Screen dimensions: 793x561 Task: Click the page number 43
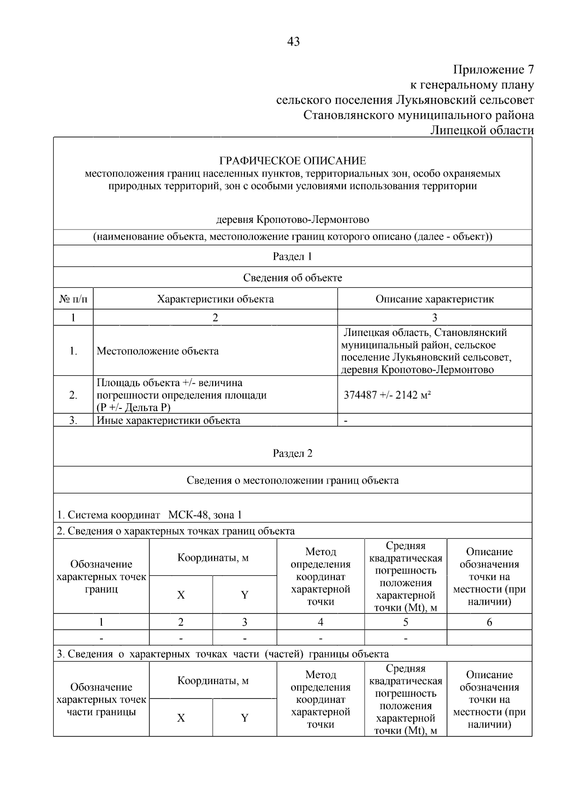[293, 42]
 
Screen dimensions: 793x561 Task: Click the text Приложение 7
[493, 70]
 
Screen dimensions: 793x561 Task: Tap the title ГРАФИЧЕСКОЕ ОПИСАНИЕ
[293, 161]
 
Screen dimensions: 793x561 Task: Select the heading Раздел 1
[292, 257]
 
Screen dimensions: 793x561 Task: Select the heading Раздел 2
[292, 453]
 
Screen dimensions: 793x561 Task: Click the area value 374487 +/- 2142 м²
[387, 395]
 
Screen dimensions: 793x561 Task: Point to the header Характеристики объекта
[215, 299]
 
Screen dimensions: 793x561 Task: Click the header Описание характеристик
[434, 299]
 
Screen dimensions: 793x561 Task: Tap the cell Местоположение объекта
[158, 351]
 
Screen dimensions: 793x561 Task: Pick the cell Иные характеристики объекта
[168, 420]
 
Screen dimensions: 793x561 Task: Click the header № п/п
[73, 299]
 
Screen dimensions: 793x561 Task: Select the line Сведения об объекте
[292, 278]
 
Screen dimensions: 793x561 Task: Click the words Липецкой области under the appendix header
[482, 130]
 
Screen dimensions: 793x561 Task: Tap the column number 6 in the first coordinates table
[489, 622]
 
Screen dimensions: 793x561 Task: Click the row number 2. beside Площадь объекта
[73, 395]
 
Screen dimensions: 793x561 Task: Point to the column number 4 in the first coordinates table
[320, 622]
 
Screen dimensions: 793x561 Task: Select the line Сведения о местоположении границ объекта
[292, 480]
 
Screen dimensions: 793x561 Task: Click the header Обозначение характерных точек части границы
[101, 700]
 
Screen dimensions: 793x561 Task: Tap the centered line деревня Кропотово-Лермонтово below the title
[292, 220]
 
